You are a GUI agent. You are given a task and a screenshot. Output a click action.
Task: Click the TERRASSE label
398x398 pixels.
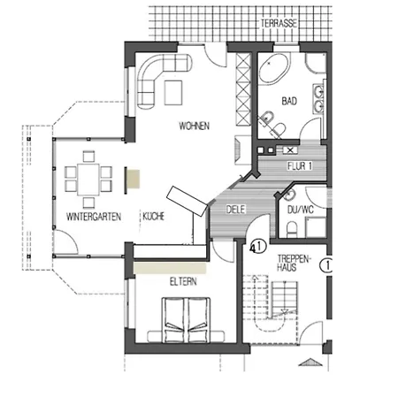pos(279,24)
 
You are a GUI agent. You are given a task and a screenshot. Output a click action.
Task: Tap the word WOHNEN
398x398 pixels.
pos(195,126)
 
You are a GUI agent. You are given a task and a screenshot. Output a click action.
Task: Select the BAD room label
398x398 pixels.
pos(289,101)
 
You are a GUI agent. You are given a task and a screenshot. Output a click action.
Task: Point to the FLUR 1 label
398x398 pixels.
pos(300,166)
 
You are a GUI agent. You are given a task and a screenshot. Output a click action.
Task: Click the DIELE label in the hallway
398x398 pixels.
pos(236,210)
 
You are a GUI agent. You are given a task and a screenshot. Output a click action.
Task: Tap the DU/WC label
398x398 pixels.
pos(301,210)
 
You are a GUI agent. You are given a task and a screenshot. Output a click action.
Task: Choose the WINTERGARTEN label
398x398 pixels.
pos(94,217)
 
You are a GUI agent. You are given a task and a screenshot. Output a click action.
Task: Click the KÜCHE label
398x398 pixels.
pos(153,216)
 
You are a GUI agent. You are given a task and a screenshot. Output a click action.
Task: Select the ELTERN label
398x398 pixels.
pos(183,281)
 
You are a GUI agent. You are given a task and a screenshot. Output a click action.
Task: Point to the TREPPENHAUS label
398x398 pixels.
pos(294,263)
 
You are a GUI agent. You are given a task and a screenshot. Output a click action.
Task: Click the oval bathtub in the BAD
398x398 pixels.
pos(273,69)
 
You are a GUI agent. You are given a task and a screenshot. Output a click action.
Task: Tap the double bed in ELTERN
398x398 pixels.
pos(186,320)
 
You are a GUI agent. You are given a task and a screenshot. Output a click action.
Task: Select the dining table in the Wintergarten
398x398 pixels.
pos(88,180)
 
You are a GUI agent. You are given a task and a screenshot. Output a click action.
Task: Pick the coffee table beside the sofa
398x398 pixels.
pos(173,93)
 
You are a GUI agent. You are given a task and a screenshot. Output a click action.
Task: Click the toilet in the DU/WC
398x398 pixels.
pos(292,229)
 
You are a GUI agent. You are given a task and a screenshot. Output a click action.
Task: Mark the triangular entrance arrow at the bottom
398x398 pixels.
pos(310,362)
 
